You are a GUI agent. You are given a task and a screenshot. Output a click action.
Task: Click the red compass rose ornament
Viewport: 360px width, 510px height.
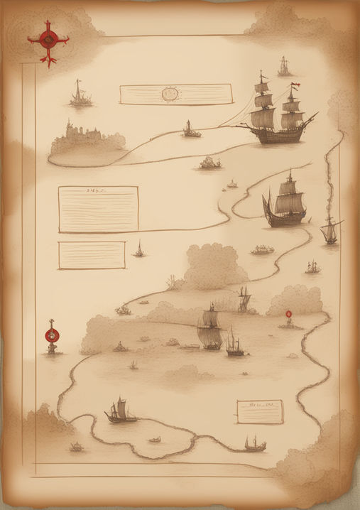tap(48, 40)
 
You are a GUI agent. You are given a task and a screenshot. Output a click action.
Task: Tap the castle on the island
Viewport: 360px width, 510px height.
tap(84, 135)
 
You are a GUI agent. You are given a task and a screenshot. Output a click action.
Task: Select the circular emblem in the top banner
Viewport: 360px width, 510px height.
tap(169, 93)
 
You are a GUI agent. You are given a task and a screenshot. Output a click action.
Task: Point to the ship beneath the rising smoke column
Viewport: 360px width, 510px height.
tap(330, 230)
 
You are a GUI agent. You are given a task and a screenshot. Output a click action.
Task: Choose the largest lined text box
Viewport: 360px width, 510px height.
tap(98, 209)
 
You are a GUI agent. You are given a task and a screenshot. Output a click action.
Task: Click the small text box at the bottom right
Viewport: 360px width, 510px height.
tap(259, 411)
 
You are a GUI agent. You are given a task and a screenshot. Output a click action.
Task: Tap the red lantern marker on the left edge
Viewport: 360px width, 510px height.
tap(50, 335)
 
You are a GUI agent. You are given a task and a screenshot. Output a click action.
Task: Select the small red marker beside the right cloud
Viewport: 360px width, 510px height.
tap(288, 315)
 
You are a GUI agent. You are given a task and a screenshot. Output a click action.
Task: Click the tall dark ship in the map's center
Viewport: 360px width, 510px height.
tap(210, 328)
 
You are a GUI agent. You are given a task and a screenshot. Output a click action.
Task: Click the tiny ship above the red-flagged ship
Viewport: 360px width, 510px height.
tap(284, 67)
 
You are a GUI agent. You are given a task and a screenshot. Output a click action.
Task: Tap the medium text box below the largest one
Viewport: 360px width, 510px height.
tap(92, 255)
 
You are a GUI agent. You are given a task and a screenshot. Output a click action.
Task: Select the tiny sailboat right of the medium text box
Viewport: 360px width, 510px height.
tap(139, 249)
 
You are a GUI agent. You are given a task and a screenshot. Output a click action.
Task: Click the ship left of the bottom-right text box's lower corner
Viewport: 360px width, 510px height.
tap(254, 444)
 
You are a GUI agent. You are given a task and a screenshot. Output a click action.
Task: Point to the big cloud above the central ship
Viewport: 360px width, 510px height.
tap(214, 266)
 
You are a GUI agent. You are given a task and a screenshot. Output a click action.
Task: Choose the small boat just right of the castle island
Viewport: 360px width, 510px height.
tap(190, 129)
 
